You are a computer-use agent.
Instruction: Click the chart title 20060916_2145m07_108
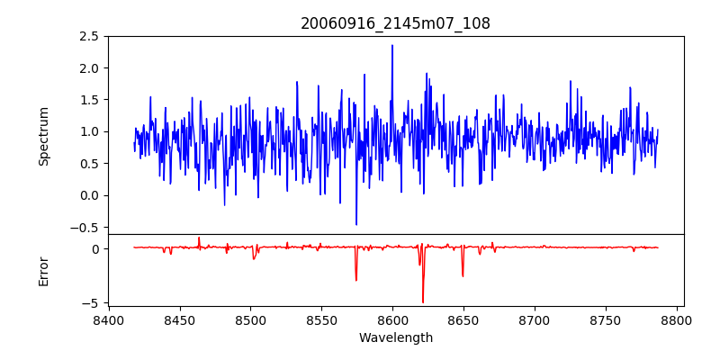[x=395, y=23]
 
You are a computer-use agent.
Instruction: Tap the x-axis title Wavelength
[x=395, y=338]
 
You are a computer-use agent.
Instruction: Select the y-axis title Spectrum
[x=44, y=136]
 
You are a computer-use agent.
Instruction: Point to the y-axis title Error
[x=44, y=269]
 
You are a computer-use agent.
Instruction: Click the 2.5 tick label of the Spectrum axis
[x=90, y=37]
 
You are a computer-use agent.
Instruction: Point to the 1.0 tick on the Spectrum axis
[x=90, y=131]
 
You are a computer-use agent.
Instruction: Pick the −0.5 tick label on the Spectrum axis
[x=86, y=227]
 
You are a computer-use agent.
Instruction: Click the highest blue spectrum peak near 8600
[x=392, y=45]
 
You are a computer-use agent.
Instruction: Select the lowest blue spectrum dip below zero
[x=356, y=224]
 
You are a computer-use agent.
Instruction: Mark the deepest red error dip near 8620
[x=423, y=302]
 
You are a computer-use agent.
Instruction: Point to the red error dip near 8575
[x=356, y=280]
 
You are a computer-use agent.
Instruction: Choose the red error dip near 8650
[x=463, y=275]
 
